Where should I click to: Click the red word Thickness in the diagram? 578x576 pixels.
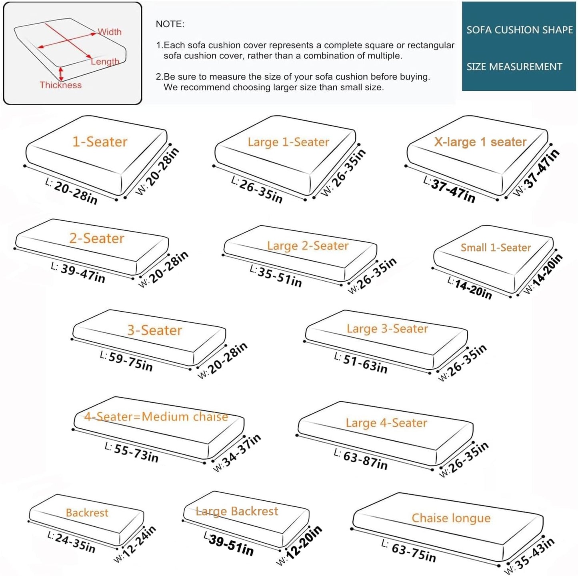pos(60,85)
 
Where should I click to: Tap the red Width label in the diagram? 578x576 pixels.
pos(110,32)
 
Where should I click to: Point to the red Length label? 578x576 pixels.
pos(105,62)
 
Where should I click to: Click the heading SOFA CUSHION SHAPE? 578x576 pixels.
pos(520,30)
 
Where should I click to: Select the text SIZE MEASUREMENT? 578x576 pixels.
pos(514,66)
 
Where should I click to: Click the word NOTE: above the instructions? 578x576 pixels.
pos(170,24)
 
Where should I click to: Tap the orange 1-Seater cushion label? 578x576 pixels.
pos(100,142)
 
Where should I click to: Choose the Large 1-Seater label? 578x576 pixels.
pos(288,142)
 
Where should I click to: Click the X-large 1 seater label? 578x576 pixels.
pos(480,142)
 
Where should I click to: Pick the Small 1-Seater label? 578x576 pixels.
pos(496,248)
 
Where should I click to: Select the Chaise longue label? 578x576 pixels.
pos(451,518)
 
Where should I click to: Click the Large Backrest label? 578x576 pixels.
pos(237,512)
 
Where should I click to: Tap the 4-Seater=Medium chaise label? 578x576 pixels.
pos(156,417)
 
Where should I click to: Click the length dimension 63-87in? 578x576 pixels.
pos(365,460)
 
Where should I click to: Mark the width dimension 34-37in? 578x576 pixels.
pos(242,451)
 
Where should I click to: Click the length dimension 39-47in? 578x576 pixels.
pos(83,274)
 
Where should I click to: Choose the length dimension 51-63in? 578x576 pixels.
pos(365,364)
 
